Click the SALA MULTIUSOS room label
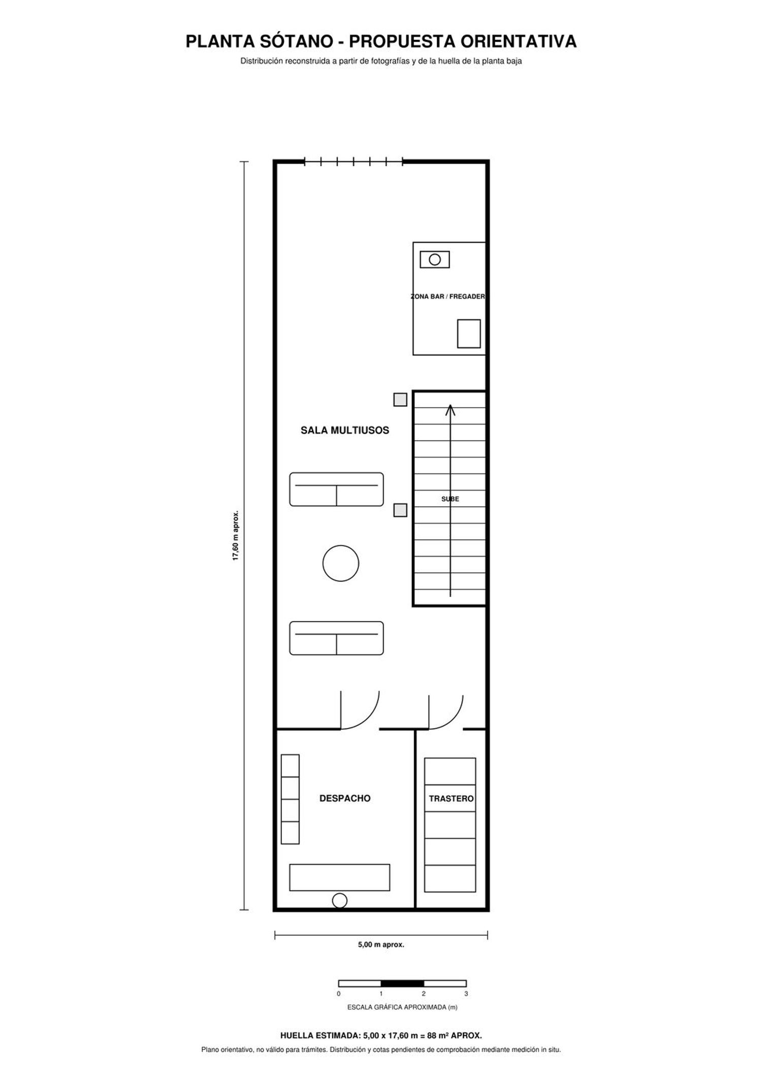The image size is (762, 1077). tap(345, 430)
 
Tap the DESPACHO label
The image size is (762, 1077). tap(345, 798)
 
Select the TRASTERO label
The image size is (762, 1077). tap(451, 799)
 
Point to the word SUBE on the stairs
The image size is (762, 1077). tap(450, 499)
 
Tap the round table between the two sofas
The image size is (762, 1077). tap(341, 563)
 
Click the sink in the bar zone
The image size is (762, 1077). tap(435, 259)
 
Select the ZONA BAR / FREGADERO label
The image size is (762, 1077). tap(448, 297)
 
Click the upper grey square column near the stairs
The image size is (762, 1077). tap(400, 400)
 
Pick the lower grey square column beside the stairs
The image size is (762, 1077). tap(400, 510)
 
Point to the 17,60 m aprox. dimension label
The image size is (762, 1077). tap(236, 536)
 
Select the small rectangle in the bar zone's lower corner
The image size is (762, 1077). tap(469, 334)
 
